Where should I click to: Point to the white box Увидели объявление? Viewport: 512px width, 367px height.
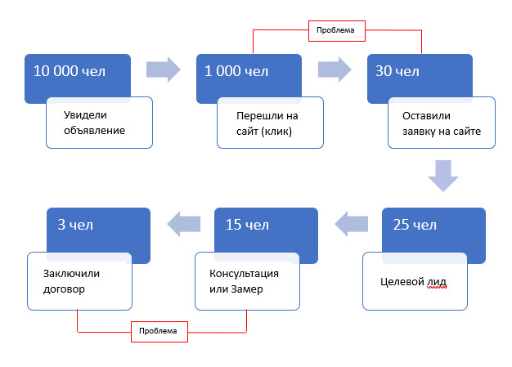[99, 123]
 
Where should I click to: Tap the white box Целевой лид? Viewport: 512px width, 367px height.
[415, 282]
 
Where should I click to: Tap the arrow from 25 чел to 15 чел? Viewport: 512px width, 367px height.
[353, 221]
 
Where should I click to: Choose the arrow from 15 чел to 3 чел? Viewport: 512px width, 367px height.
[184, 221]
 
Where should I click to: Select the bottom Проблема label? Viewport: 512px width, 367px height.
[159, 331]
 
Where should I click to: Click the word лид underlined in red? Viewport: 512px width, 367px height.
[438, 283]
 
